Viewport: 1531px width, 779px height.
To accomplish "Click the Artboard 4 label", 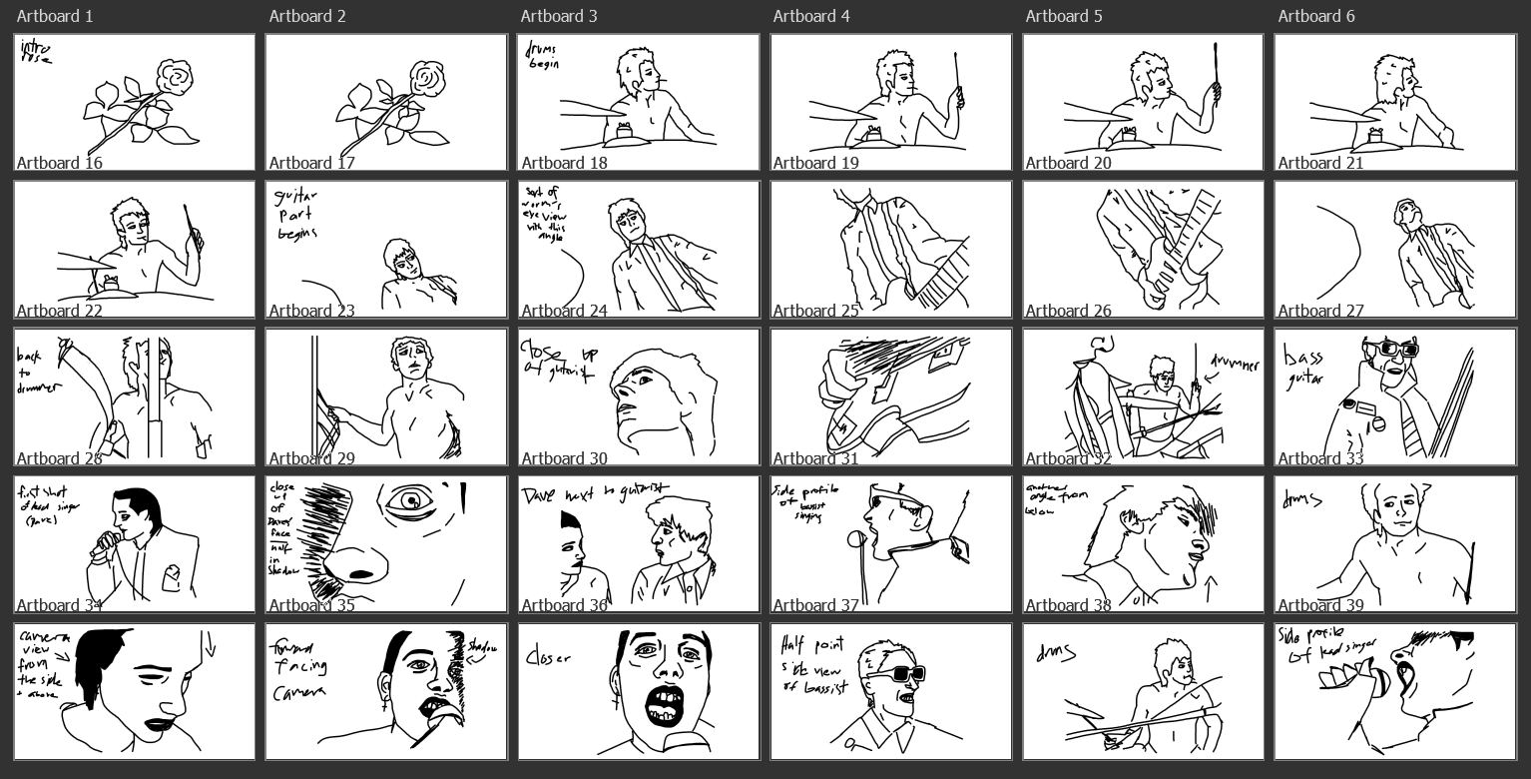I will click(807, 16).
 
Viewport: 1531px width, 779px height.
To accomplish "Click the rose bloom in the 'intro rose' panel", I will click(176, 76).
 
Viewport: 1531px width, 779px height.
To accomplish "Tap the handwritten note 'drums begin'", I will click(543, 55).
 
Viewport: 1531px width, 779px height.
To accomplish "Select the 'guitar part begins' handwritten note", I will click(296, 216).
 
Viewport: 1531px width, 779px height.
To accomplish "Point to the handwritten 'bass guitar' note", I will click(1302, 367).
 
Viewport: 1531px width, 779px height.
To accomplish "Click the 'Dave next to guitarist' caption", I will click(595, 491).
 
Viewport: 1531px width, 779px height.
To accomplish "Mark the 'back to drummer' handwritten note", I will click(38, 373).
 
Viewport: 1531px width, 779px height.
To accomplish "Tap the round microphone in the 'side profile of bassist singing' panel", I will click(854, 539).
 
